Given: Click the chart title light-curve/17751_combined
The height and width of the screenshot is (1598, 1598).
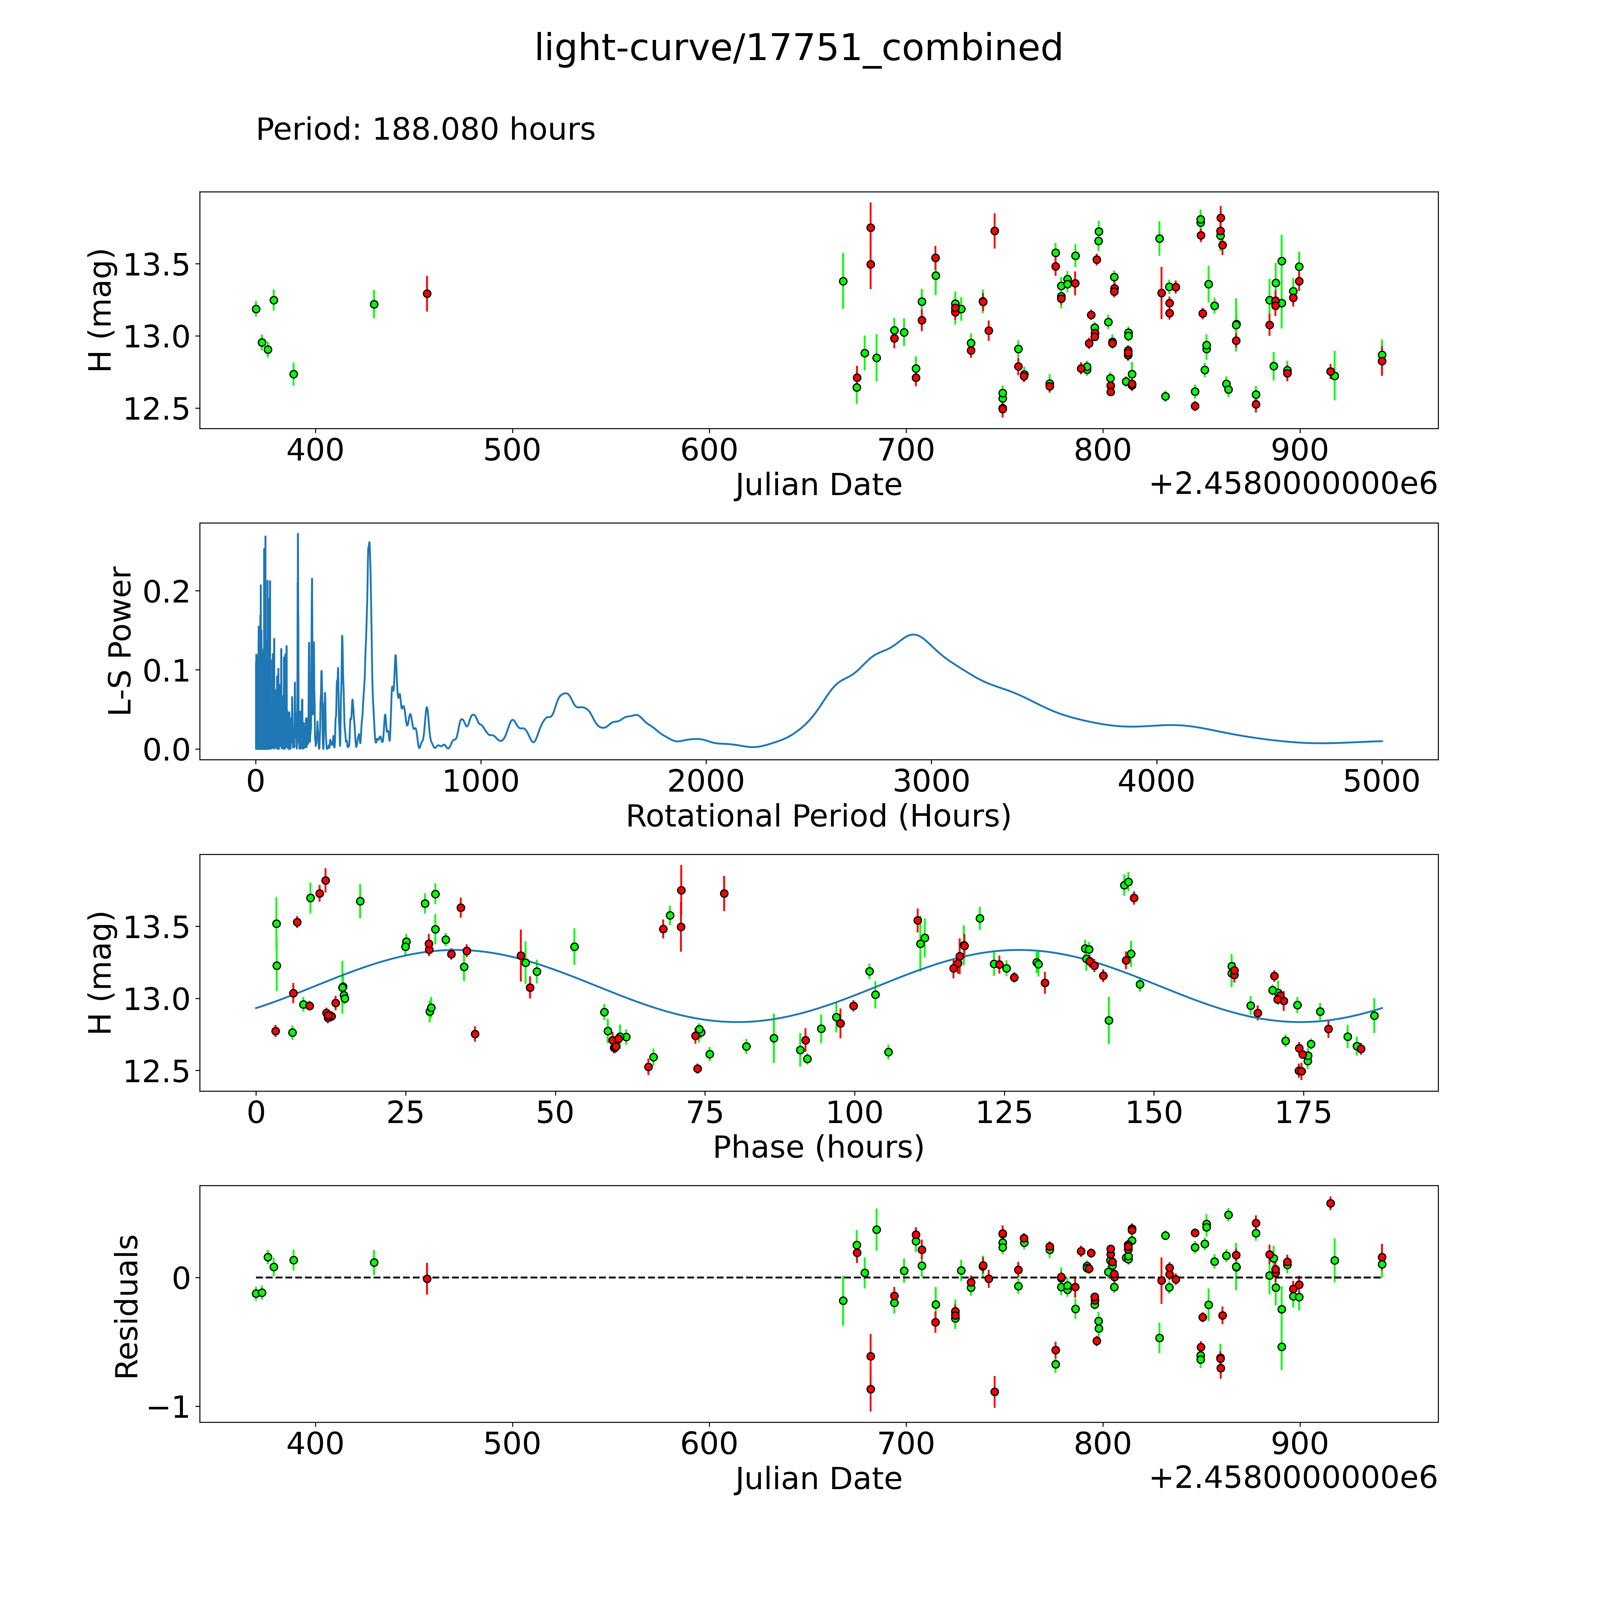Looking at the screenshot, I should [x=798, y=48].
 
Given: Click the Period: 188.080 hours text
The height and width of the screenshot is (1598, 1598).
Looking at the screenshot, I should [x=425, y=130].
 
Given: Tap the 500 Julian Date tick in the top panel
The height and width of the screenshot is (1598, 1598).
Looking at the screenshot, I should [x=512, y=451].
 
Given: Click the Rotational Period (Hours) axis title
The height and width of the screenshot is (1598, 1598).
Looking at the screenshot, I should [x=818, y=816].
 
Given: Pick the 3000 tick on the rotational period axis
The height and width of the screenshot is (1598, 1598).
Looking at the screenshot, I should [x=931, y=782].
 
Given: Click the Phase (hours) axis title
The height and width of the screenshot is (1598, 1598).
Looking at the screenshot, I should [x=818, y=1147].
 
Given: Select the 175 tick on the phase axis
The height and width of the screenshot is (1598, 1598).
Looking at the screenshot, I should [x=1303, y=1113].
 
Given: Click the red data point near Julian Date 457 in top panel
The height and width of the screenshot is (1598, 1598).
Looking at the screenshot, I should [x=427, y=294].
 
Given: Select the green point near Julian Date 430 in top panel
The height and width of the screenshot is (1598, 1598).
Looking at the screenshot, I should [x=374, y=305].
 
